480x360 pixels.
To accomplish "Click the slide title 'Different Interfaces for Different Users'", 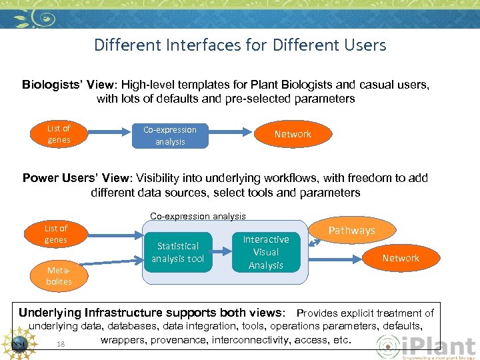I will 240,45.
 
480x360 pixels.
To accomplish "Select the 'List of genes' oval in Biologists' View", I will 59,134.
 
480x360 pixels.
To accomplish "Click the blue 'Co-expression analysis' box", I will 170,135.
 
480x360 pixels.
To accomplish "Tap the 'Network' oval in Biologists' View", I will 293,134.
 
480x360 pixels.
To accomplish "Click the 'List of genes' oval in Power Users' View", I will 56,234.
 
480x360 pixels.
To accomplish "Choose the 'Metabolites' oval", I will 58,276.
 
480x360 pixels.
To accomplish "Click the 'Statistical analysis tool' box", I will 177,252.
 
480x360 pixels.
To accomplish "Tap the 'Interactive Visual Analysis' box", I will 266,252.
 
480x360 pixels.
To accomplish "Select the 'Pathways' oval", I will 351,231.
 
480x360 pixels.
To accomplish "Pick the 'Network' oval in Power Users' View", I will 401,258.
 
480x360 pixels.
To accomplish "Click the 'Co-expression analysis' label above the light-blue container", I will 198,216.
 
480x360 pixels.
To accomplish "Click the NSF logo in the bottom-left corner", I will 21,343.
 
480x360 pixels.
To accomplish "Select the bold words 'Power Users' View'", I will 77,179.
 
